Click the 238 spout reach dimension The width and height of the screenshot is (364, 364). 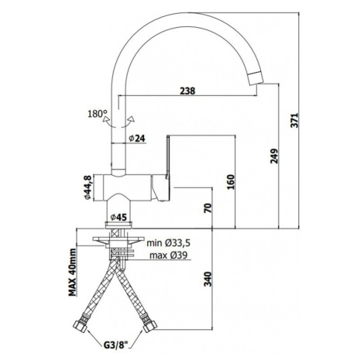pos(187,91)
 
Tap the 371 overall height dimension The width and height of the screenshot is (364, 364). pos(294,120)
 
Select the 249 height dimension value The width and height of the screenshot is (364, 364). pos(274,156)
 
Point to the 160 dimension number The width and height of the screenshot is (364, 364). pos(231,182)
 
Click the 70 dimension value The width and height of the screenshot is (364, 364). pos(208,208)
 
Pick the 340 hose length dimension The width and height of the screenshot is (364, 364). pos(208,279)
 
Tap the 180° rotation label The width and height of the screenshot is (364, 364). pos(97,114)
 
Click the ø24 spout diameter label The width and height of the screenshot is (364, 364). pos(137,139)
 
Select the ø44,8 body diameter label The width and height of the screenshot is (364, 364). pos(88,187)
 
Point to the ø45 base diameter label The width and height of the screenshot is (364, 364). pos(118,218)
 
